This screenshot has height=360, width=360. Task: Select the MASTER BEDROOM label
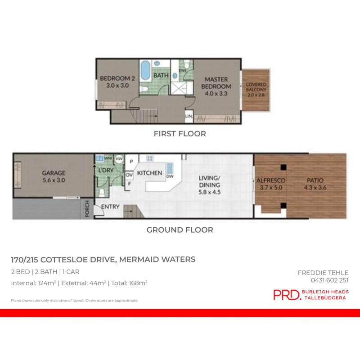click(x=216, y=83)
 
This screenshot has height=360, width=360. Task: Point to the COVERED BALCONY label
click(x=256, y=87)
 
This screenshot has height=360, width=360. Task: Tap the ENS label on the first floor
click(x=183, y=71)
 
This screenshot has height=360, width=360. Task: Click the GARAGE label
click(x=54, y=173)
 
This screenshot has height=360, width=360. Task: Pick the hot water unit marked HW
click(x=119, y=159)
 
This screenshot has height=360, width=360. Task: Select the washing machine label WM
click(x=108, y=158)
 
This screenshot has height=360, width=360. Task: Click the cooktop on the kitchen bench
click(x=150, y=158)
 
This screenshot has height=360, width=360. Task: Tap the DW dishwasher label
click(x=170, y=176)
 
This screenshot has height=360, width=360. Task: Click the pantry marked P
click(x=132, y=161)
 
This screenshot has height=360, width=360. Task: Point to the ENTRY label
click(x=110, y=207)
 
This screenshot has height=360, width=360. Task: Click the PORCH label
click(x=88, y=210)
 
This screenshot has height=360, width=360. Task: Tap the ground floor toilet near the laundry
click(x=102, y=193)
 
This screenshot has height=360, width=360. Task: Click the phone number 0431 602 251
click(x=330, y=280)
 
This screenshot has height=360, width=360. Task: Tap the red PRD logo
click(x=287, y=295)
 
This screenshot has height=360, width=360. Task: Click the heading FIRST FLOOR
click(x=180, y=134)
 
